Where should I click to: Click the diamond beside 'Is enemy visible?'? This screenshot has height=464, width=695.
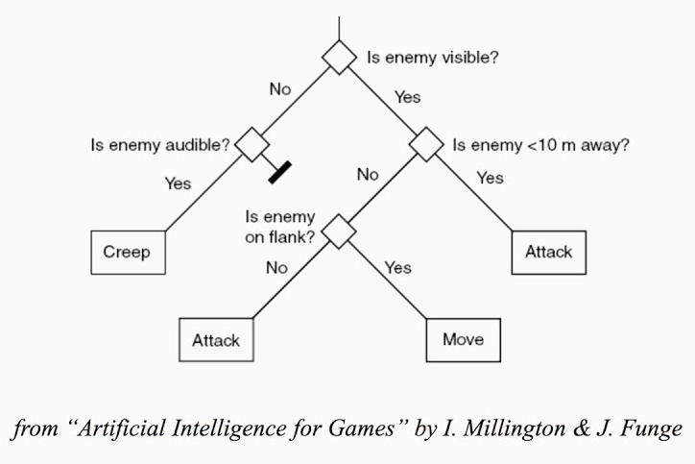pyautogui.click(x=339, y=57)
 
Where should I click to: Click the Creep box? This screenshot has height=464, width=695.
pyautogui.click(x=128, y=252)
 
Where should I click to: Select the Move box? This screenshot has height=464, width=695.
pyautogui.click(x=462, y=339)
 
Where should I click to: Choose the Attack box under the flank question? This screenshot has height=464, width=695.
pyautogui.click(x=215, y=339)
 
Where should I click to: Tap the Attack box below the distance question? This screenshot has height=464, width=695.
pyautogui.click(x=548, y=252)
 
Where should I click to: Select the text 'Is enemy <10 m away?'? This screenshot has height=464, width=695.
pyautogui.click(x=540, y=146)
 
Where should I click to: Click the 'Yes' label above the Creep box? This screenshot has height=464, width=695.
pyautogui.click(x=178, y=183)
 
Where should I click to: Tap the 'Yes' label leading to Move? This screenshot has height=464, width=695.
pyautogui.click(x=397, y=268)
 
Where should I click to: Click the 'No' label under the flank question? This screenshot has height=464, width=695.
pyautogui.click(x=276, y=268)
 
